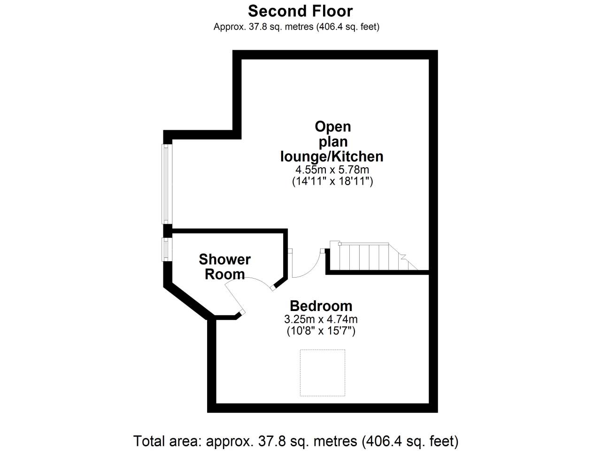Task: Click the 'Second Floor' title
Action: (x=300, y=11)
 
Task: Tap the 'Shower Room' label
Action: (x=225, y=267)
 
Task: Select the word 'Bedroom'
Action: (x=321, y=306)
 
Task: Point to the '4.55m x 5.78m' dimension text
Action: (x=332, y=170)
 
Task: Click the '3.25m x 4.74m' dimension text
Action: (x=321, y=319)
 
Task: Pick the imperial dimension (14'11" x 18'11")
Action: (x=332, y=181)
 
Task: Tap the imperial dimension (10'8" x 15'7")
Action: (x=321, y=331)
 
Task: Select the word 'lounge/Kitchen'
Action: (x=332, y=156)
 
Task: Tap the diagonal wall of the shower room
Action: (x=189, y=302)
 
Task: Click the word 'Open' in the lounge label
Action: (x=333, y=127)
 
